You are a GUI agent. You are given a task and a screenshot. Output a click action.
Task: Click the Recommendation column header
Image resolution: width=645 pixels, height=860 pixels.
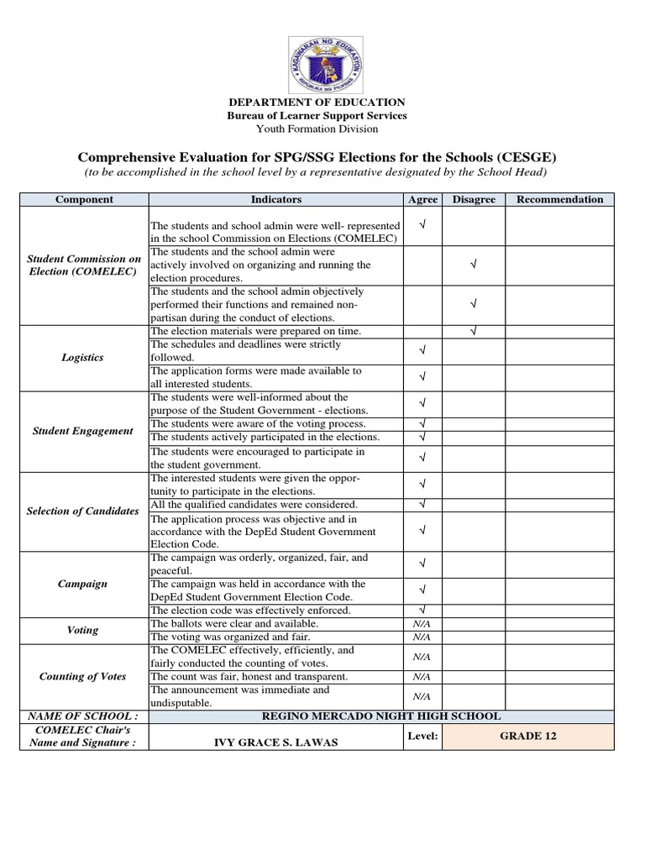tap(559, 200)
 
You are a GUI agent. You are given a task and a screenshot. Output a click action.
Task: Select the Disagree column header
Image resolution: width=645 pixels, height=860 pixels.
tap(474, 200)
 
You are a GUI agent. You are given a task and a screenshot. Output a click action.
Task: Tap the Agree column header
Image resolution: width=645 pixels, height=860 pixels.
tap(422, 200)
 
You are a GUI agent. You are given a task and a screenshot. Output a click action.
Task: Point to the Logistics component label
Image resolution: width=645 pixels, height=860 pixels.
tap(83, 358)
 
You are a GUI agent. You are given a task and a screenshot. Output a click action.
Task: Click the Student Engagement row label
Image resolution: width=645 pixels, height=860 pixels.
tap(83, 431)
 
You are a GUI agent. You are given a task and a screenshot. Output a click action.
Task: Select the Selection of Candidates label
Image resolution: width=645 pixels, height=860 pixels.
tap(83, 511)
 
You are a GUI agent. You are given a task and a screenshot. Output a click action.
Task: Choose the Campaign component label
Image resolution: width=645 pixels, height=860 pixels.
tap(83, 584)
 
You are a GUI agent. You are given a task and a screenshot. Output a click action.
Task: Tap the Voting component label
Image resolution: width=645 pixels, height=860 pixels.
tap(83, 630)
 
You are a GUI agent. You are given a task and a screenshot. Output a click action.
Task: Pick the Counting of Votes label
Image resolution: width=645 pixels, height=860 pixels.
tap(83, 677)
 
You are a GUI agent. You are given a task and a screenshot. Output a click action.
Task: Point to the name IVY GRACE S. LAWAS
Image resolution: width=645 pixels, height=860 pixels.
tap(278, 742)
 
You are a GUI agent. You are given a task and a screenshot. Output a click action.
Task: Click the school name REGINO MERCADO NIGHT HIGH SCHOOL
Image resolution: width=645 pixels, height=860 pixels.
tap(381, 716)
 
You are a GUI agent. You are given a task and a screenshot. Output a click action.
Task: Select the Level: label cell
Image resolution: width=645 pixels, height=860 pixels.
tap(422, 736)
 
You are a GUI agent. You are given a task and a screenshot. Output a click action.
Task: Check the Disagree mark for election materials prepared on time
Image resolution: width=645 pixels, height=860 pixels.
tap(474, 332)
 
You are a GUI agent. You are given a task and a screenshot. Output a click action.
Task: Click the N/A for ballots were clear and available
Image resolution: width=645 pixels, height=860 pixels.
tap(422, 624)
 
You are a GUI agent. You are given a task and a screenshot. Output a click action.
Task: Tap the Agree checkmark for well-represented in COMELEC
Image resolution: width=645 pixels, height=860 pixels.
tap(422, 225)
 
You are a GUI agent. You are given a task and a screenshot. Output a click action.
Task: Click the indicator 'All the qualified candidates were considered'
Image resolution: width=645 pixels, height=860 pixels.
tap(254, 505)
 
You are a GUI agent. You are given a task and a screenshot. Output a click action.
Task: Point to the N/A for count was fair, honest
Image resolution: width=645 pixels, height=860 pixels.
tap(422, 677)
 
